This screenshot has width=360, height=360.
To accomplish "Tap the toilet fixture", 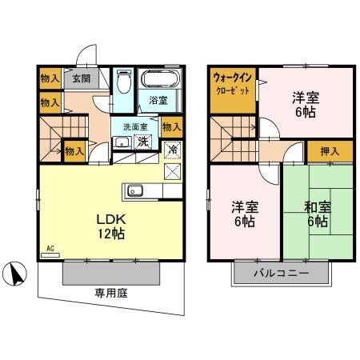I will point(123,82).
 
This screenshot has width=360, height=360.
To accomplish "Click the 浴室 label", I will point(158,101).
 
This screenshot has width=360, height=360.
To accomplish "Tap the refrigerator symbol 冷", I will point(172,149).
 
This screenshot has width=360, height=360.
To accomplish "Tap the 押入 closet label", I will point(327,150).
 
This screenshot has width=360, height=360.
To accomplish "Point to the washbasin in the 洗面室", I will point(122,142).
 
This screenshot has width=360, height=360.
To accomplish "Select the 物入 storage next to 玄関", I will point(49,78).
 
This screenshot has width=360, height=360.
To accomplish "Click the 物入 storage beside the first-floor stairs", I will point(74,150).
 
